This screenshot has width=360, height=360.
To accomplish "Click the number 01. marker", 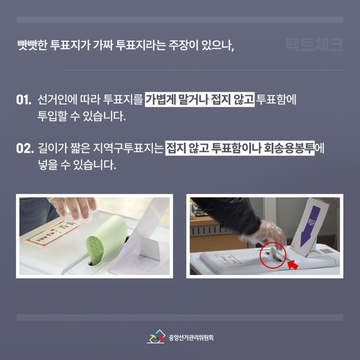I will [23, 100].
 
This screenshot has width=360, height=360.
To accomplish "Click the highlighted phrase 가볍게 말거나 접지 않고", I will [200, 100].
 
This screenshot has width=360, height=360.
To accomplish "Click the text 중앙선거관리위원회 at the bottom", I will [191, 338].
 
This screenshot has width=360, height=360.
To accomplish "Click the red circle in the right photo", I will [273, 256].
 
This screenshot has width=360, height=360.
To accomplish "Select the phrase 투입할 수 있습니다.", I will [82, 116].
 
